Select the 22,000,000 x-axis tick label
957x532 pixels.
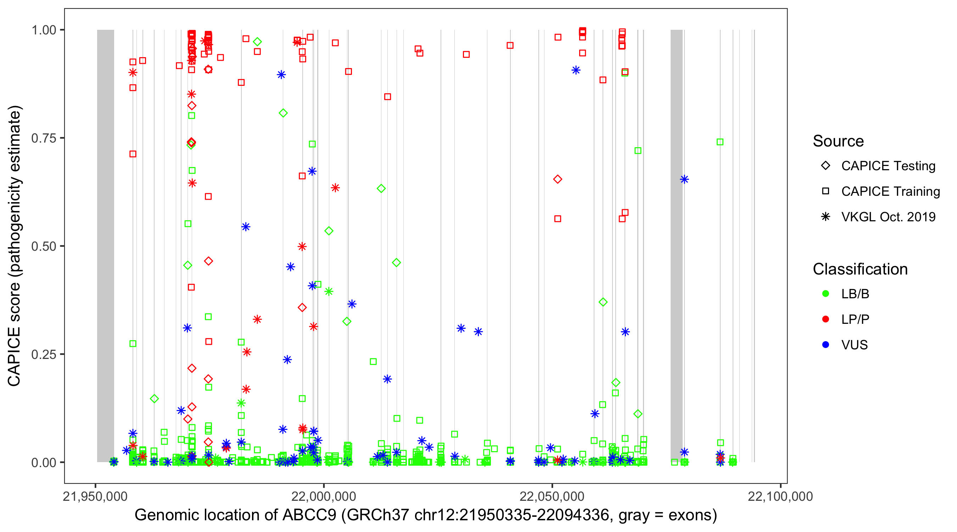point(324,496)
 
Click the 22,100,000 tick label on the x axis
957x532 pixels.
point(780,496)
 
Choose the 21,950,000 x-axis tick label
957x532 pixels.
point(95,496)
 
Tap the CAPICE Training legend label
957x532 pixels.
point(890,192)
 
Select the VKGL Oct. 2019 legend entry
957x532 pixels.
point(888,217)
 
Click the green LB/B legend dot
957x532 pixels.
point(826,294)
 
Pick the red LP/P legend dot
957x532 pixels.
point(826,319)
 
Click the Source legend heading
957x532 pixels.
point(838,141)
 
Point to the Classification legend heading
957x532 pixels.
point(860,269)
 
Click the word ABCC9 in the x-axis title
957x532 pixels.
point(309,515)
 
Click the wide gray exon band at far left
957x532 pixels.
point(106,245)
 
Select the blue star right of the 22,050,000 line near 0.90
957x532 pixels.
point(576,70)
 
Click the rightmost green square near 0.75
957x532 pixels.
point(720,142)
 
